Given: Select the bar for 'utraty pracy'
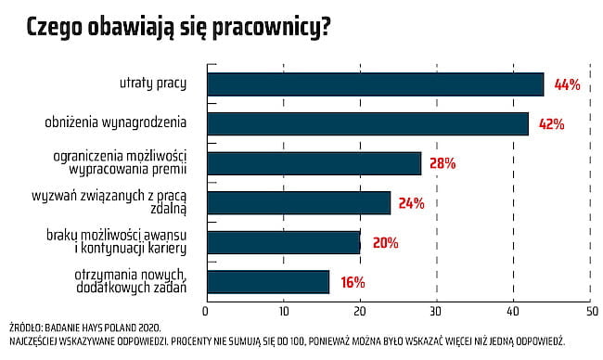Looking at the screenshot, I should [x=375, y=84].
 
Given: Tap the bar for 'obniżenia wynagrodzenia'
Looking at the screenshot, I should [x=367, y=123].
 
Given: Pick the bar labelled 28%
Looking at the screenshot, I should [x=314, y=163].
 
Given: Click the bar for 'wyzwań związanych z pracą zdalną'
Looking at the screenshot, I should [x=298, y=203].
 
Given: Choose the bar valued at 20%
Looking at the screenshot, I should [x=283, y=242].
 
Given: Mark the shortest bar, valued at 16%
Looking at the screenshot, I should [x=267, y=282].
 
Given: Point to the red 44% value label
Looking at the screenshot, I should [x=566, y=84].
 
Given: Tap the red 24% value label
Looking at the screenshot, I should [x=411, y=203].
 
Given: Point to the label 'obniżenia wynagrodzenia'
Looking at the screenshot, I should [x=116, y=122].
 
